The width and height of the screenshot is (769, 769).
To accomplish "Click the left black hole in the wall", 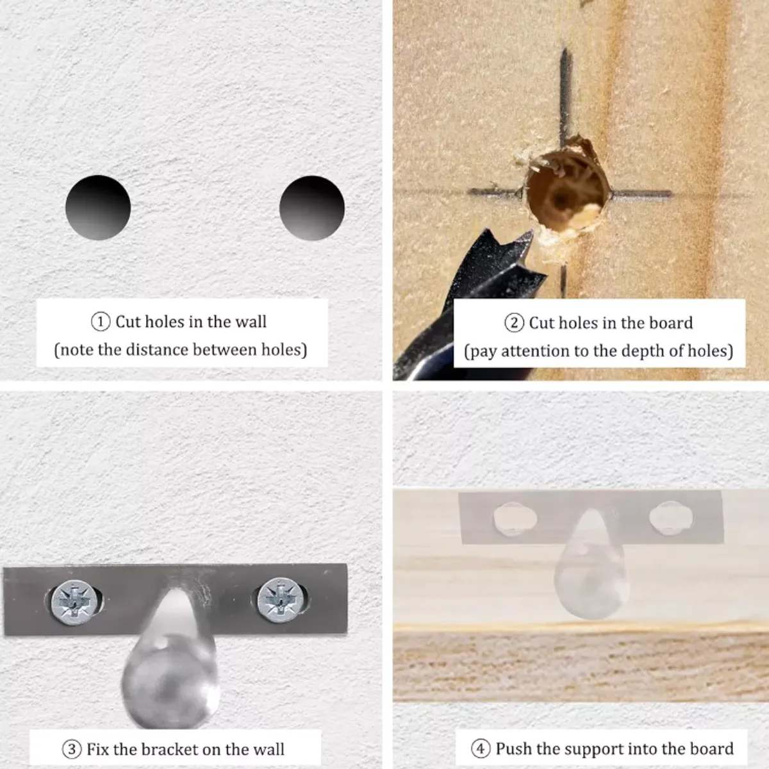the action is click(x=98, y=208).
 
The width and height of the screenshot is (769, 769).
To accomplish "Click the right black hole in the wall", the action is click(x=311, y=208).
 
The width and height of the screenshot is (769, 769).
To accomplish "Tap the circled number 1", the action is click(x=101, y=322).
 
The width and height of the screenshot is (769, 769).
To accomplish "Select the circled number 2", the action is click(x=515, y=323).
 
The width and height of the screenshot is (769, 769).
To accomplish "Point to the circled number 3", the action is click(x=72, y=749).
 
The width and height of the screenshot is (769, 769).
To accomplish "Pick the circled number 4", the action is click(x=481, y=748).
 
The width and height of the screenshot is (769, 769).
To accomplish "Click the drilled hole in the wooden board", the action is click(x=566, y=191).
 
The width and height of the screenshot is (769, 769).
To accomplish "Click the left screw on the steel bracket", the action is click(x=74, y=602).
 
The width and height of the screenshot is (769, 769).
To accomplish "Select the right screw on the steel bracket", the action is click(x=281, y=600).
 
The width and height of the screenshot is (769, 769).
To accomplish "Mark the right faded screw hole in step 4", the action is click(x=670, y=518).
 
